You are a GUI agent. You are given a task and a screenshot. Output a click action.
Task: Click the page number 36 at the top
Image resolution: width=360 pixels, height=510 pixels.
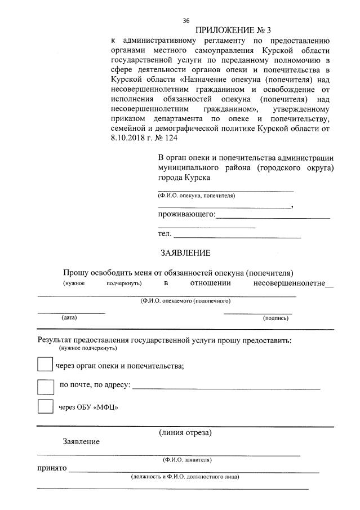click(186, 21)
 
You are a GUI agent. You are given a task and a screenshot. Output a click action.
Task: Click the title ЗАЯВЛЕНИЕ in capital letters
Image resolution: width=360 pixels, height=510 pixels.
click(185, 253)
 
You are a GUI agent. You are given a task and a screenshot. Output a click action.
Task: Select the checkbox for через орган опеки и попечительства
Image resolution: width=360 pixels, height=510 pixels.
click(45, 365)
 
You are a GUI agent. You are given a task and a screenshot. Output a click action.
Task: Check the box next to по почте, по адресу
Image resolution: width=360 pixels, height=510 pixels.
click(45, 386)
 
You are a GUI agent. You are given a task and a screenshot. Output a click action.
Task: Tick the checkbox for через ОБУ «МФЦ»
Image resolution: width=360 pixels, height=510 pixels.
click(45, 407)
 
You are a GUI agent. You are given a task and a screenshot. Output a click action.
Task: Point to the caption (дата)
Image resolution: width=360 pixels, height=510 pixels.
click(69, 318)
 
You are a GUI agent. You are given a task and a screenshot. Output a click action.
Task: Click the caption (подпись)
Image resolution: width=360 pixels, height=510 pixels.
click(275, 318)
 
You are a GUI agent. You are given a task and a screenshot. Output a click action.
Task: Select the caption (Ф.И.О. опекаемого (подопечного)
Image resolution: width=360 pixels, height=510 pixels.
click(185, 301)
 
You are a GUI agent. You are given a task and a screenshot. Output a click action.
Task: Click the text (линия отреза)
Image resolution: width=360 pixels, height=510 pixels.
click(185, 433)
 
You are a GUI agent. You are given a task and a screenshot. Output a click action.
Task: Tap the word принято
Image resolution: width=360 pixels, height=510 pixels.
click(52, 468)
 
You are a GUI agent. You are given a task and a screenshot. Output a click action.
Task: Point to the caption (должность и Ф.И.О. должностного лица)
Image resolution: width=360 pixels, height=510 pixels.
click(185, 477)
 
